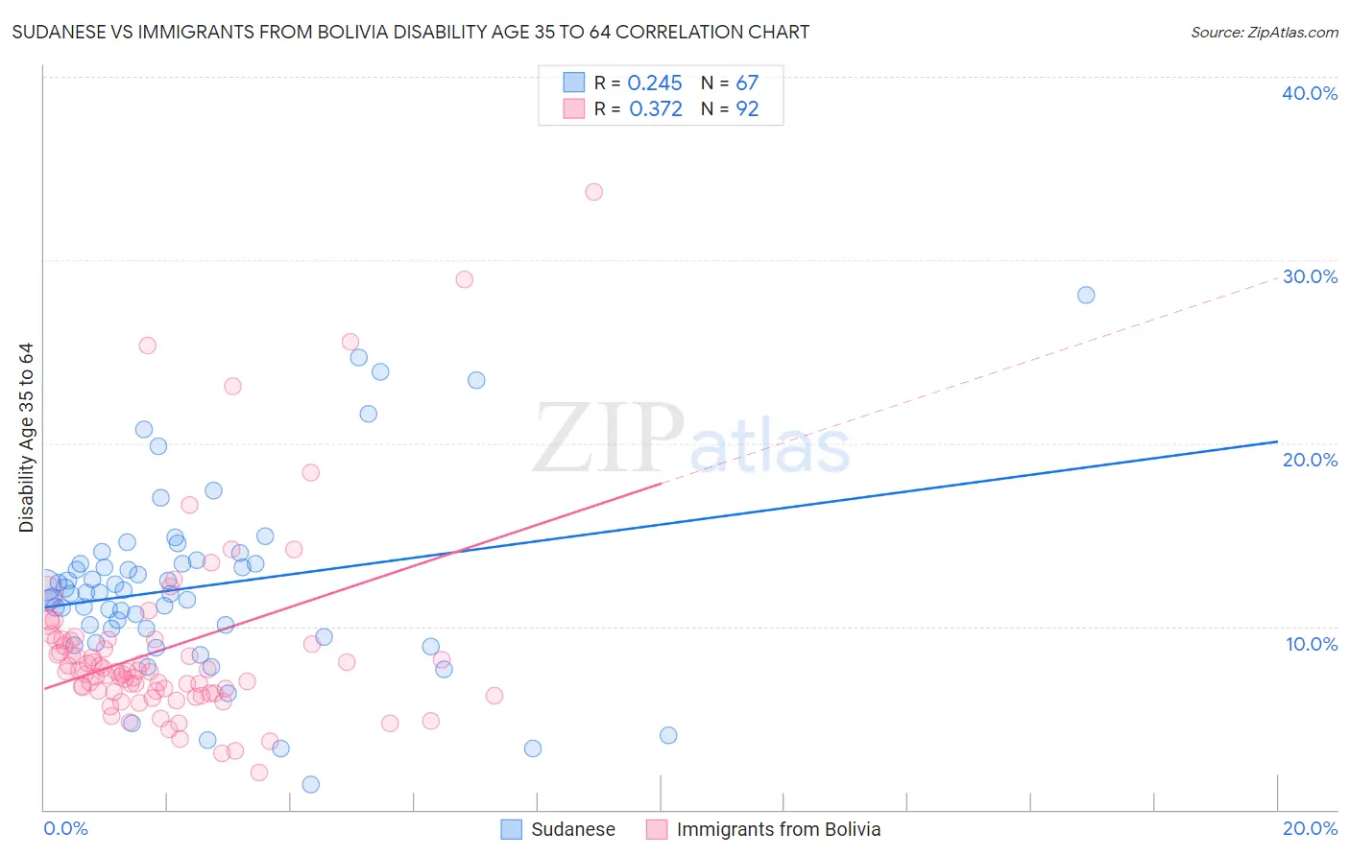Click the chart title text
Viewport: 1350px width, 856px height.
tap(410, 32)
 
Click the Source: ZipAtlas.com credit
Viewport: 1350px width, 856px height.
tap(1264, 32)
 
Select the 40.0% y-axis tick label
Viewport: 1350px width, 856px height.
tap(1310, 93)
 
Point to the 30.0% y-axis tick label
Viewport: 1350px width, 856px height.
tap(1310, 276)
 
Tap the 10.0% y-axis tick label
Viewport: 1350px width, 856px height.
tap(1312, 644)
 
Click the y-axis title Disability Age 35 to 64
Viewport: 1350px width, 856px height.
tap(26, 438)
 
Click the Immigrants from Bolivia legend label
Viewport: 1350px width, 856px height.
tap(778, 829)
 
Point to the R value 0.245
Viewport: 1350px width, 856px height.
tap(655, 83)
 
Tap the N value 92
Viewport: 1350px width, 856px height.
tap(747, 109)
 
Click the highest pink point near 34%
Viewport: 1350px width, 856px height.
tap(593, 192)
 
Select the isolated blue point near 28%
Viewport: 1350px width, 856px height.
tap(1086, 295)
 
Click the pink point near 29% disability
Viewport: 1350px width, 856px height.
tap(464, 279)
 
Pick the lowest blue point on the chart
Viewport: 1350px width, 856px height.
tap(310, 784)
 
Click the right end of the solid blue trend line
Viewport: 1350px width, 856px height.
tap(1277, 441)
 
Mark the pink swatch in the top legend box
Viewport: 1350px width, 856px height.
tap(573, 108)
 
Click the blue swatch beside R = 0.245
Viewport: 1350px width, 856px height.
tap(573, 83)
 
